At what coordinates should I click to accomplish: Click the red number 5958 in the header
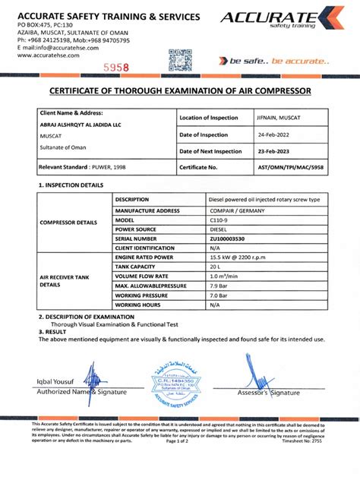tap(116, 67)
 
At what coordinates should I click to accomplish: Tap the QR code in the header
tap(178, 59)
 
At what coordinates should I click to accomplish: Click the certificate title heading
tap(180, 92)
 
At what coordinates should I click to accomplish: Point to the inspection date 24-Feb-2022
tap(276, 134)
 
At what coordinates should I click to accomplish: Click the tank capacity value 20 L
tap(216, 267)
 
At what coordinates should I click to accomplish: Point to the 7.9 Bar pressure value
tap(219, 286)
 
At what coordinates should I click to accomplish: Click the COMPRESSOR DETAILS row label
tap(68, 223)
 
